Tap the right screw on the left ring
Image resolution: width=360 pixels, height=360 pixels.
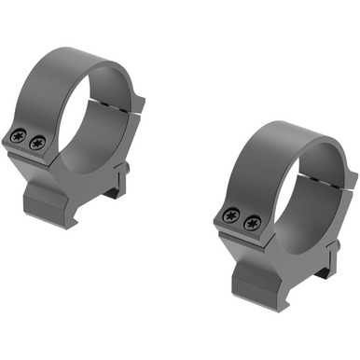click(x=37, y=144)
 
